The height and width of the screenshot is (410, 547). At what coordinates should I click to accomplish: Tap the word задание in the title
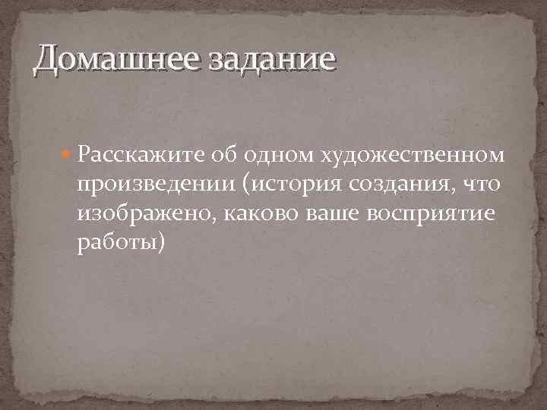pyautogui.click(x=258, y=58)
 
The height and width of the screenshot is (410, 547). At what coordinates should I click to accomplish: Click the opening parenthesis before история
pyautogui.click(x=258, y=185)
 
